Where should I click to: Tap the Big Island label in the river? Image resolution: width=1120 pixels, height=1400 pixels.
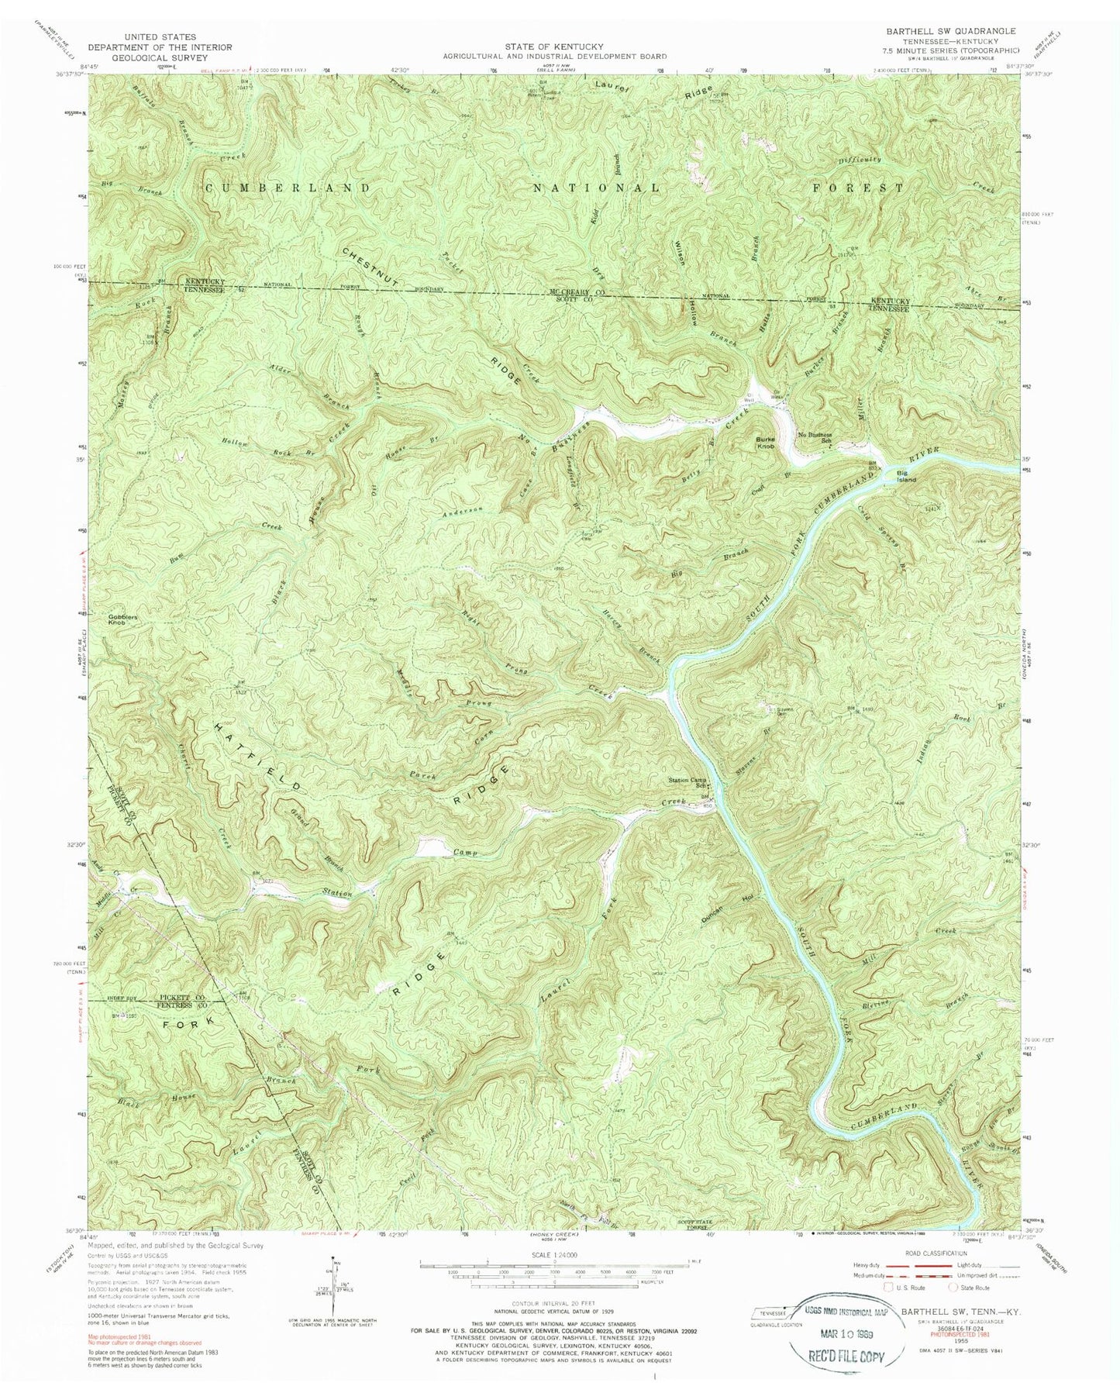pyautogui.click(x=906, y=476)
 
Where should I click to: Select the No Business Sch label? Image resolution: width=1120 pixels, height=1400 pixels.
pyautogui.click(x=821, y=439)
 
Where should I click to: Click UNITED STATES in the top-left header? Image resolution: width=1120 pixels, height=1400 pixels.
pyautogui.click(x=169, y=36)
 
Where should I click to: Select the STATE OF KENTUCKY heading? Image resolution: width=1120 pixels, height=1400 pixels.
pyautogui.click(x=554, y=47)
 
